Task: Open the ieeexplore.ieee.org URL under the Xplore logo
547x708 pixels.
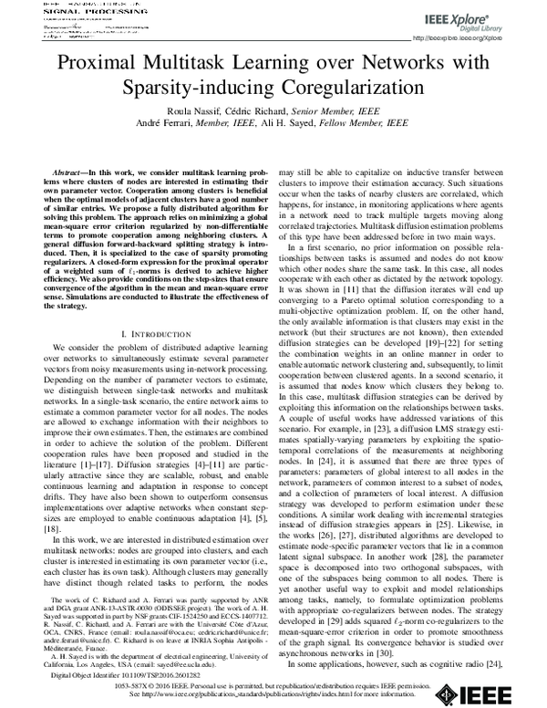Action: tap(478, 38)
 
